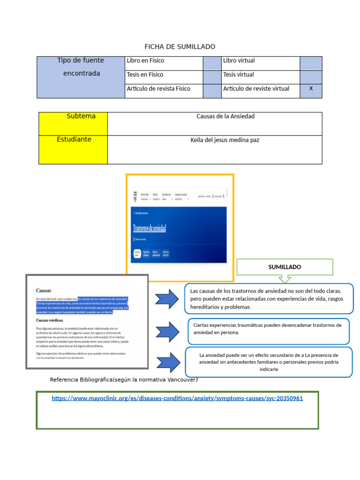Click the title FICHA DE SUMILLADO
(x=180, y=46)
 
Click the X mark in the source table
(x=311, y=89)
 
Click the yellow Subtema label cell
(x=73, y=123)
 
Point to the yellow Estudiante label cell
(x=73, y=149)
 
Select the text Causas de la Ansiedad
(x=225, y=116)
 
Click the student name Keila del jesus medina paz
(x=225, y=140)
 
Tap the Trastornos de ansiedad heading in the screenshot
(x=150, y=228)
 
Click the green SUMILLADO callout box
(x=285, y=267)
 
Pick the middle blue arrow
(x=167, y=331)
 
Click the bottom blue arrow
(x=167, y=362)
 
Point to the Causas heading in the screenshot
(x=44, y=291)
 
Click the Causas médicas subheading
(x=49, y=320)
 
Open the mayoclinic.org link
(x=177, y=398)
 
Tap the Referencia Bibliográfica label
(x=124, y=380)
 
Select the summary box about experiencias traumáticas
(x=269, y=330)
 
